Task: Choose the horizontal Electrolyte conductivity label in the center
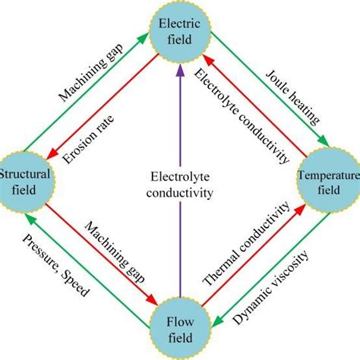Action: pos(179,185)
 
